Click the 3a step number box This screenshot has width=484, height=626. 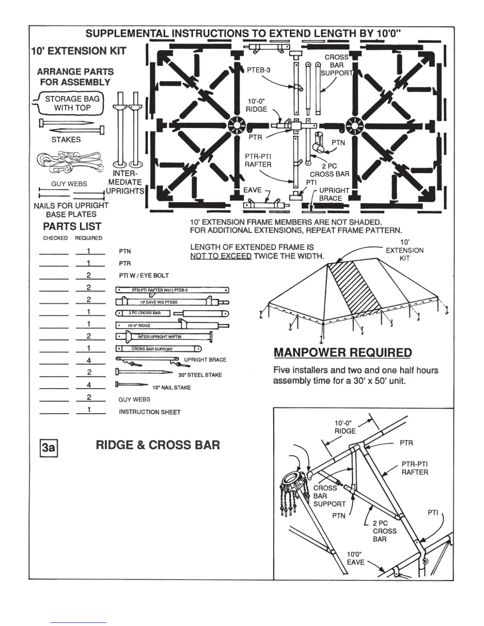(49, 448)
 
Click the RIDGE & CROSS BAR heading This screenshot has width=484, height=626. (157, 445)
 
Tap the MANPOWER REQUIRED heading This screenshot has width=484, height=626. (342, 353)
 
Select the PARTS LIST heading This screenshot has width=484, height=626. (72, 226)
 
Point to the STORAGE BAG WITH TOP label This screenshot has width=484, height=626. (72, 103)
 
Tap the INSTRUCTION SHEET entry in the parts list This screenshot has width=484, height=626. (149, 412)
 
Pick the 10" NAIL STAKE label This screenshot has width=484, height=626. (171, 387)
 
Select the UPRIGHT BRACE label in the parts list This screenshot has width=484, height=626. (205, 360)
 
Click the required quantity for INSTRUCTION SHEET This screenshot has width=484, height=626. (89, 409)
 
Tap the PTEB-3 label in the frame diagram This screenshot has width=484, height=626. (259, 70)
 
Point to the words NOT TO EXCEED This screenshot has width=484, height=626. (221, 256)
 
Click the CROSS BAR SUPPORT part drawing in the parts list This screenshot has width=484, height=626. (158, 349)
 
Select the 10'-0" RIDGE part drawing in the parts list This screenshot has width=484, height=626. (172, 325)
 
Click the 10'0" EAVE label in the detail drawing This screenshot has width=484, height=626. (355, 558)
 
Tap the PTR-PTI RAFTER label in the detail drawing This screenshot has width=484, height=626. (414, 468)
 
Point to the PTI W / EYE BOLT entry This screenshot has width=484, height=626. (144, 275)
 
